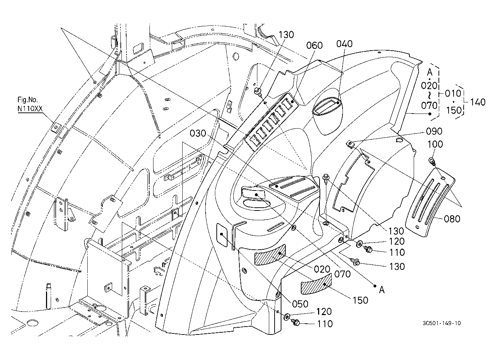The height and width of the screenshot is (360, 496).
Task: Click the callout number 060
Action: pyautogui.click(x=314, y=45)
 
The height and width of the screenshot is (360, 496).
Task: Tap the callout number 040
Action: pyautogui.click(x=344, y=44)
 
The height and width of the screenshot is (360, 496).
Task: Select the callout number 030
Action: pyautogui.click(x=198, y=133)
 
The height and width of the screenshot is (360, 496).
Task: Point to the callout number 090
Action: pyautogui.click(x=434, y=131)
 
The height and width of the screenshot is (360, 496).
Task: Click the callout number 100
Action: pyautogui.click(x=435, y=144)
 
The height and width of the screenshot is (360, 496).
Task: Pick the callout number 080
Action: pyautogui.click(x=452, y=219)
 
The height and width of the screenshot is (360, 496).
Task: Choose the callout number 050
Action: pyautogui.click(x=300, y=304)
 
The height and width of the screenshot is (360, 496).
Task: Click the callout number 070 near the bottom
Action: pyautogui.click(x=343, y=274)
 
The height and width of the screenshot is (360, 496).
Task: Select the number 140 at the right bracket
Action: pyautogui.click(x=478, y=102)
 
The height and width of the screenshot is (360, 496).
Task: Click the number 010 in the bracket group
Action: pyautogui.click(x=453, y=93)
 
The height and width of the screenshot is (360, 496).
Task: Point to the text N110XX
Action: pyautogui.click(x=30, y=109)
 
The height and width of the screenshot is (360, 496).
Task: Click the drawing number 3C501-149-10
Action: pyautogui.click(x=442, y=323)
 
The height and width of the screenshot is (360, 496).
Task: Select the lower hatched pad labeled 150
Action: pyautogui.click(x=316, y=284)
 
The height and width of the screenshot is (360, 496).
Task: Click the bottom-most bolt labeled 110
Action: pyautogui.click(x=295, y=322)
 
